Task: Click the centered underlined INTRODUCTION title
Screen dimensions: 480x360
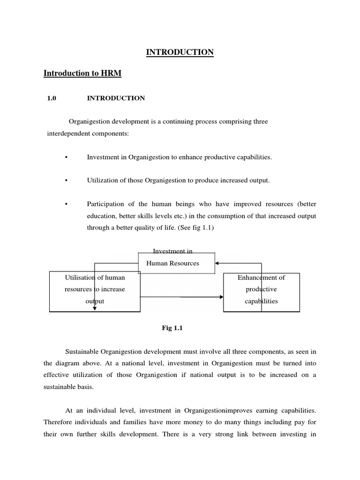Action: pyautogui.click(x=180, y=52)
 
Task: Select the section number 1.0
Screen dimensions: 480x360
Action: pyautogui.click(x=52, y=98)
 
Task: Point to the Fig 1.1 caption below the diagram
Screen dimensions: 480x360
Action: pyautogui.click(x=172, y=328)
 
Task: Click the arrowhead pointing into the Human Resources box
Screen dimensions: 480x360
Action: pyautogui.click(x=217, y=263)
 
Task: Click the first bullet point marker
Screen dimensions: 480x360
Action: pyautogui.click(x=67, y=157)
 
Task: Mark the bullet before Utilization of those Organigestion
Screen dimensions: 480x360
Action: pyautogui.click(x=67, y=181)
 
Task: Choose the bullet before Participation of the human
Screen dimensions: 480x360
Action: pyautogui.click(x=67, y=204)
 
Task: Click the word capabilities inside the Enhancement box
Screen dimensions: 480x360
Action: pyautogui.click(x=261, y=301)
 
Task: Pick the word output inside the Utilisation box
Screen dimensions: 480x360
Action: pyautogui.click(x=95, y=301)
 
